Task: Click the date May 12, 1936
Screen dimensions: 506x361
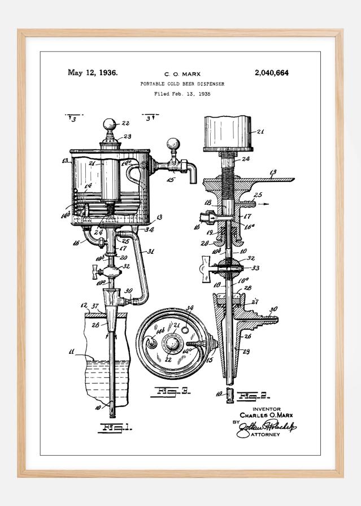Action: pyautogui.click(x=93, y=72)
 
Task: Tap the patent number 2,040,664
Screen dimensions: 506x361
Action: pyautogui.click(x=273, y=72)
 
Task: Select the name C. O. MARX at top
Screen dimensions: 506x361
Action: pyautogui.click(x=182, y=74)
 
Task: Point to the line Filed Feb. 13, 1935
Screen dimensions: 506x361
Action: pyautogui.click(x=182, y=94)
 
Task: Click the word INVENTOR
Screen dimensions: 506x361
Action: pyautogui.click(x=266, y=409)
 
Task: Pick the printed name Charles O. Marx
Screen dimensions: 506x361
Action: pyautogui.click(x=266, y=416)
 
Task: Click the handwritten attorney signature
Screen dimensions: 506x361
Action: pyautogui.click(x=268, y=429)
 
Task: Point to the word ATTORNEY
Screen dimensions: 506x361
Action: pyautogui.click(x=266, y=442)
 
